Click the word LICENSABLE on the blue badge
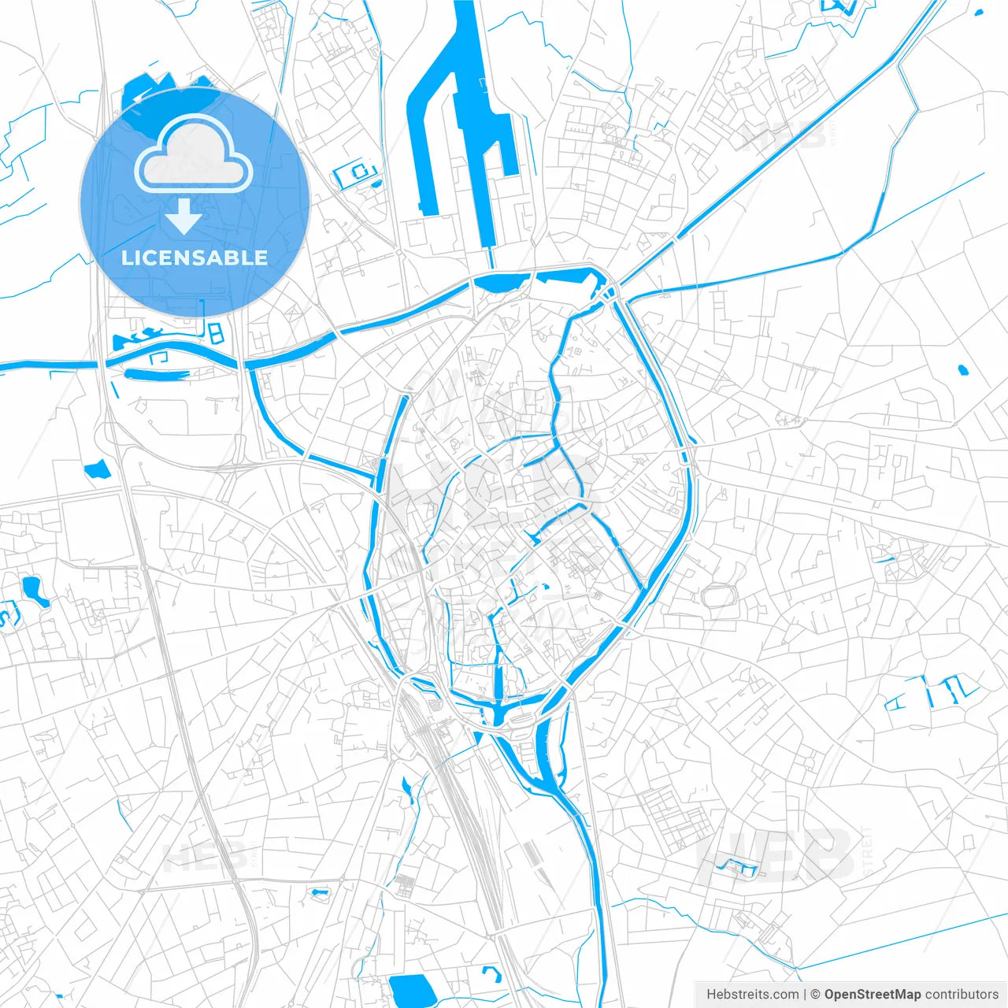[195, 258]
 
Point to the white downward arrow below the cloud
[183, 217]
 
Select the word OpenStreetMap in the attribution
[872, 995]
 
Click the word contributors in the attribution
[962, 995]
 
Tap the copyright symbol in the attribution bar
[816, 995]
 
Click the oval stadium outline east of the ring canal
[717, 596]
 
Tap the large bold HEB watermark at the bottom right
[776, 854]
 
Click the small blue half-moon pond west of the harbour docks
[376, 184]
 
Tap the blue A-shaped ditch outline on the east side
[898, 701]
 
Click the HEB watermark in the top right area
[784, 135]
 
